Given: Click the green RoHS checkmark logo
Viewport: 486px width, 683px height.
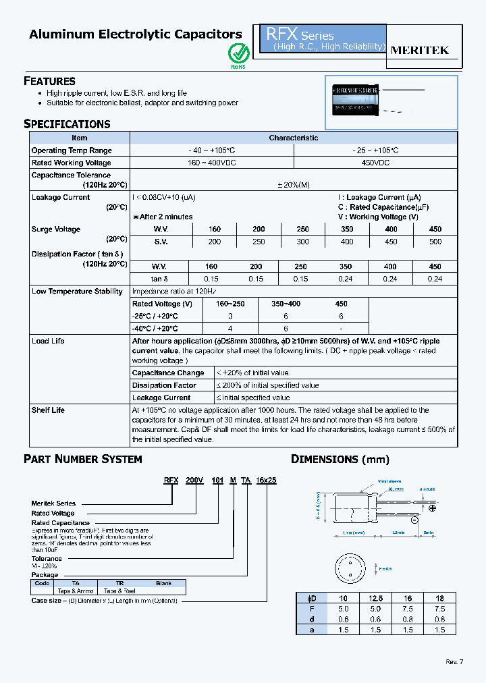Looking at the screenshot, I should tap(237, 53).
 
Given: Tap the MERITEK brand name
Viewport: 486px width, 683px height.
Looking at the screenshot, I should tap(419, 50).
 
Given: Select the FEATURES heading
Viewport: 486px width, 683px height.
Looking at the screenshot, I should tap(49, 81).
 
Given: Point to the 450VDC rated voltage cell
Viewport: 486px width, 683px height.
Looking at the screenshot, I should tap(375, 163).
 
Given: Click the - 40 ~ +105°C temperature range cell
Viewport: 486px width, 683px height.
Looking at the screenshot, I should tap(212, 151).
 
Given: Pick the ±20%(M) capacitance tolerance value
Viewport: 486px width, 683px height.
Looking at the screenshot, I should tap(293, 186).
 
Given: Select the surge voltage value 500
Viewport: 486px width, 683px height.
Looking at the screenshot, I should tap(435, 242).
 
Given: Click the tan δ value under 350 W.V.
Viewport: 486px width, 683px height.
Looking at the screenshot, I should tap(346, 279).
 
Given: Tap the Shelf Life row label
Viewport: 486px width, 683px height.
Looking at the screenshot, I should tap(48, 410).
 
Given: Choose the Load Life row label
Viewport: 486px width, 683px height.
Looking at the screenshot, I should tap(48, 341).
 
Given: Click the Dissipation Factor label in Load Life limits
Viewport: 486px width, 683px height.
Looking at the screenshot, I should tap(164, 385).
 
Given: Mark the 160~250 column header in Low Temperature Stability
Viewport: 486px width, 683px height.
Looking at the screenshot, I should tap(230, 304).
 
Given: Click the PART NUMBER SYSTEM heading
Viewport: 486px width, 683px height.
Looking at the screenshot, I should tap(83, 459).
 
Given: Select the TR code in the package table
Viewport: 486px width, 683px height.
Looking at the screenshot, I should tap(119, 583).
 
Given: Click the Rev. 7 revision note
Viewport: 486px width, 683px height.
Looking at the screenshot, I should tap(454, 661).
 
